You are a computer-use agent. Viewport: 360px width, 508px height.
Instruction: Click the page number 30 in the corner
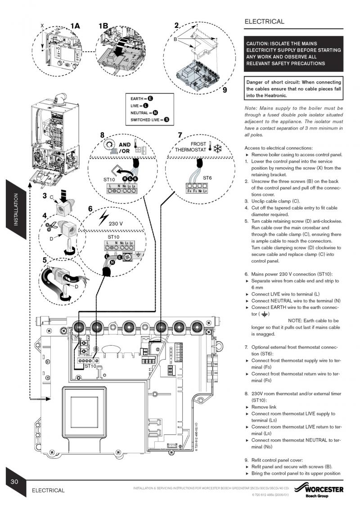click(x=14, y=481)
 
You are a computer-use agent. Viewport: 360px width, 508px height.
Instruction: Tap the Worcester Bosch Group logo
click(x=318, y=490)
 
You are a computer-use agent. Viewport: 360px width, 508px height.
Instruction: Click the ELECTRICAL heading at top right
click(x=264, y=22)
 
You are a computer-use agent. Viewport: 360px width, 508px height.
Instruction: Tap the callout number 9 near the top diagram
click(x=225, y=89)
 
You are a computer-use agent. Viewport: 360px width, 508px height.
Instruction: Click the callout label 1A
click(x=75, y=26)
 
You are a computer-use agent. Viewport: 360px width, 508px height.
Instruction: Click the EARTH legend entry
click(x=142, y=98)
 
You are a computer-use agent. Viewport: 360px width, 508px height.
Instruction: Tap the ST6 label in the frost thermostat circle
click(x=207, y=178)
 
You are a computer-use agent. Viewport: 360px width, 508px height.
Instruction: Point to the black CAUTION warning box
click(x=293, y=53)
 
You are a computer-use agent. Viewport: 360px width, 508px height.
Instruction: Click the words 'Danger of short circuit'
click(x=274, y=82)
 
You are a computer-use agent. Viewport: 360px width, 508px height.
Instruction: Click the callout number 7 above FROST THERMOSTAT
click(x=180, y=134)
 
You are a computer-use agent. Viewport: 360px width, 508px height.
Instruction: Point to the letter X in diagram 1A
click(x=42, y=27)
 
